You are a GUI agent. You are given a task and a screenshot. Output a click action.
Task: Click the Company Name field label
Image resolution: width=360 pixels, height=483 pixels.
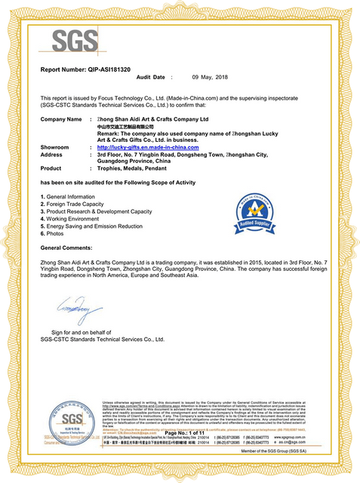(x=60, y=119)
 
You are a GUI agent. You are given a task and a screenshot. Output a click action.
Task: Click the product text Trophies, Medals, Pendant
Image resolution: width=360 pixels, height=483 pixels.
(x=133, y=168)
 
